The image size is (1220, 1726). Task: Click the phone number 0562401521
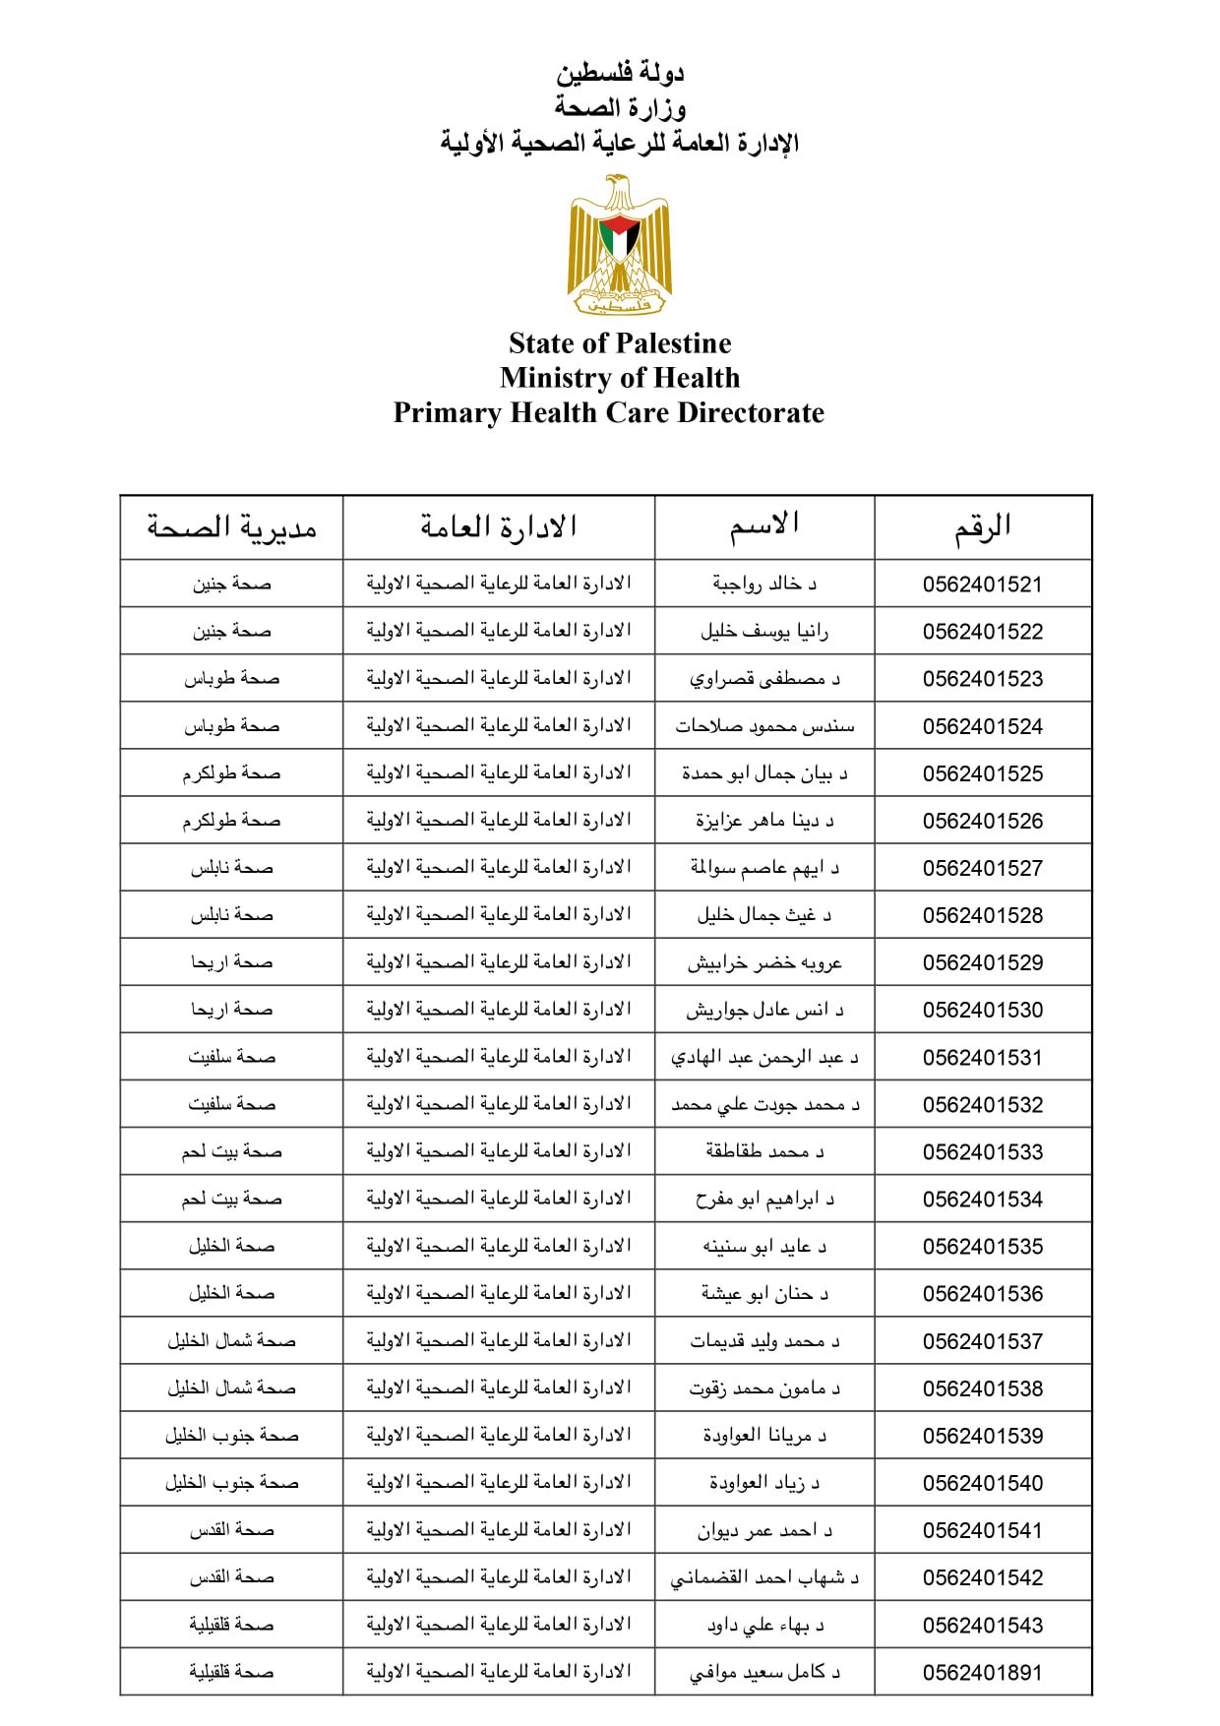[x=982, y=585]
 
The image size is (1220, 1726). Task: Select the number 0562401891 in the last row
[x=982, y=1672]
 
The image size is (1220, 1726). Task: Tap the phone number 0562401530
[x=982, y=1010]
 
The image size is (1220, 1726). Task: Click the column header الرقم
[x=982, y=528]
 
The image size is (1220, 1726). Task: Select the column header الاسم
[x=764, y=526]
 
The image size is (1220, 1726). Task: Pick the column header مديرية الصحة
[x=232, y=528]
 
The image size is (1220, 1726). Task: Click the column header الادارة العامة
[x=499, y=527]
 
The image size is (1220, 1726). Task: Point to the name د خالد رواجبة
[x=764, y=584]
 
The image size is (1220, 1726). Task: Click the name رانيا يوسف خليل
[x=764, y=631]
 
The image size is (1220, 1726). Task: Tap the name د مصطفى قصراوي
[x=764, y=678]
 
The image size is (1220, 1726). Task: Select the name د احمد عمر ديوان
[x=764, y=1530]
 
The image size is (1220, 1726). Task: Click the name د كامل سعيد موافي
[x=764, y=1672]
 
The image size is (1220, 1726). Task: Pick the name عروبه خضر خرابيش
[x=764, y=962]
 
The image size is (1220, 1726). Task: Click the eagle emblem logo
[x=620, y=246]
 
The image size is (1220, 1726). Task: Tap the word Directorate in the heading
[x=752, y=412]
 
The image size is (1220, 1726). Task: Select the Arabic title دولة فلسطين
[x=620, y=73]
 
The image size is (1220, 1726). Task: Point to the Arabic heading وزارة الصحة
[x=620, y=107]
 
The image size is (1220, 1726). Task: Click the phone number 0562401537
[x=982, y=1341]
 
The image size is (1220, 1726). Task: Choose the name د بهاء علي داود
[x=764, y=1625]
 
